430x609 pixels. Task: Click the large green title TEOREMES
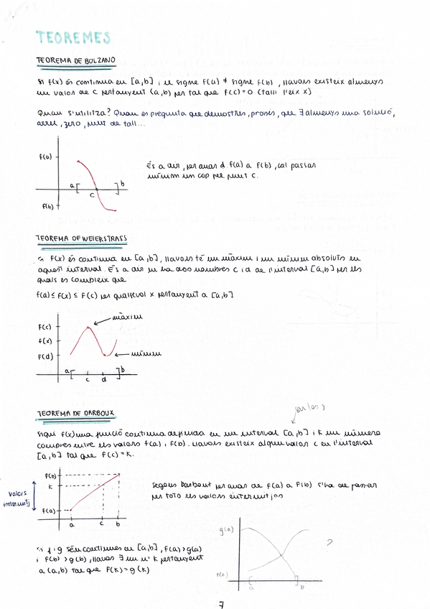coord(73,37)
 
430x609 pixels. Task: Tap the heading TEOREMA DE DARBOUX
coord(75,414)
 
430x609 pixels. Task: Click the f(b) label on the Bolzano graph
coord(47,206)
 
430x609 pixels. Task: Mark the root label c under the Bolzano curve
coord(92,194)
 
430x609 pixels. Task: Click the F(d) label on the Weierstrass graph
coord(44,356)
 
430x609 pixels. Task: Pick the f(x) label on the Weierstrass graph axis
coord(44,341)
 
